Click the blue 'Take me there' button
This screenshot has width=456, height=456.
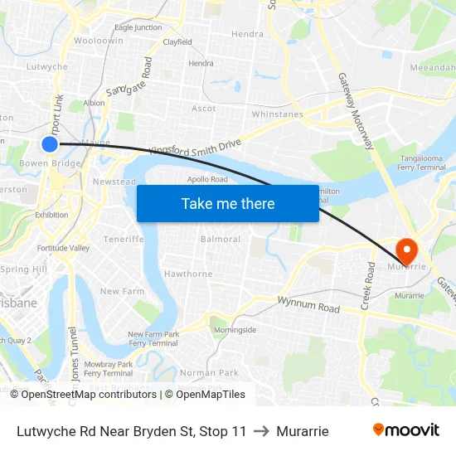pyautogui.click(x=227, y=203)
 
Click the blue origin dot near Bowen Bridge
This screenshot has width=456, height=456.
pyautogui.click(x=50, y=144)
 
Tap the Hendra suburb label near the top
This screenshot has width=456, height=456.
pyautogui.click(x=247, y=34)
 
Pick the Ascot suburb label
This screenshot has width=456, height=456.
pyautogui.click(x=203, y=109)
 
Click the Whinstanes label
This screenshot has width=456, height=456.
pyautogui.click(x=277, y=114)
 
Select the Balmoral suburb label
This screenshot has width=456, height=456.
pyautogui.click(x=221, y=239)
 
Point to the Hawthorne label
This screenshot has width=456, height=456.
pyautogui.click(x=188, y=274)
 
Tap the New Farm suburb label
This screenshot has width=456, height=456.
pyautogui.click(x=122, y=291)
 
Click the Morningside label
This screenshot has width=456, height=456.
pyautogui.click(x=235, y=329)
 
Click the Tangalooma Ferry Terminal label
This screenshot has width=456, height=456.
pyautogui.click(x=423, y=163)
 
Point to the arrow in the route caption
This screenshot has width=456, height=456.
pyautogui.click(x=262, y=431)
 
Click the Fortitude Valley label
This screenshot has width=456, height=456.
pyautogui.click(x=63, y=248)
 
